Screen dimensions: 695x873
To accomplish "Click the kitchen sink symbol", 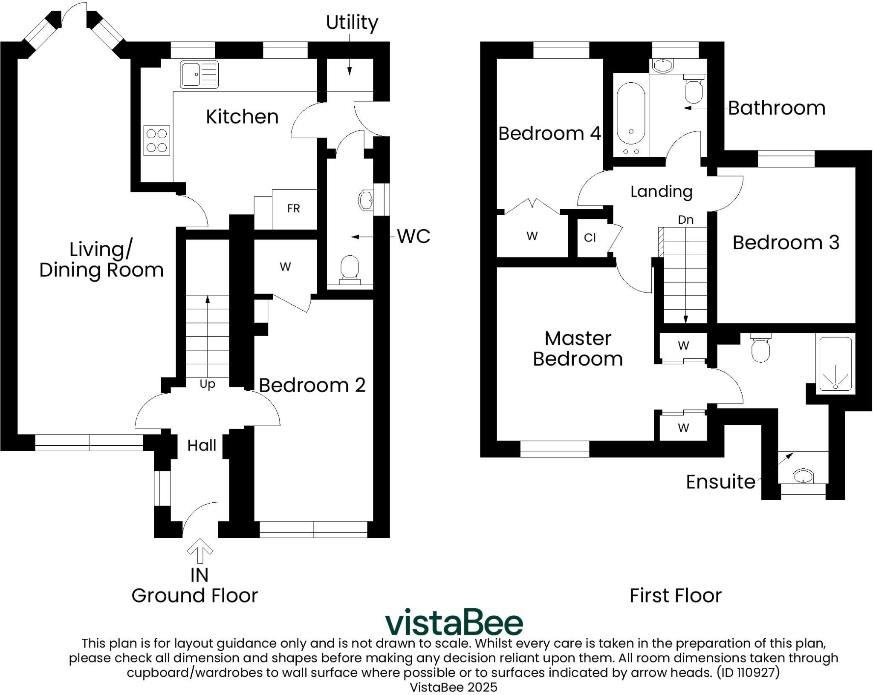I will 199,74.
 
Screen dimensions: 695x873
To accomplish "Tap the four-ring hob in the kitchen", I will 156,141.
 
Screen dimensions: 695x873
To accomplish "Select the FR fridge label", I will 293,208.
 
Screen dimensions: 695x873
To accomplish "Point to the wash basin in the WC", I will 366,199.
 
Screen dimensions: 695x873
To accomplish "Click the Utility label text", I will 352,22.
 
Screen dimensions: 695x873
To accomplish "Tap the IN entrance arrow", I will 199,551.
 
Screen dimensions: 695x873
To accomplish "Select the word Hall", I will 202,446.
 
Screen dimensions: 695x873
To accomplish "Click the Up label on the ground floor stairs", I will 207,384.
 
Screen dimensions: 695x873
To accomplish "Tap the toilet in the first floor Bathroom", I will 693,90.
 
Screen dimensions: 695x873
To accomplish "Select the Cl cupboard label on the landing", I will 590,238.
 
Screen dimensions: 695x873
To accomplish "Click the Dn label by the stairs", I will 685,220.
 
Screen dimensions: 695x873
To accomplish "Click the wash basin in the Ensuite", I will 803,476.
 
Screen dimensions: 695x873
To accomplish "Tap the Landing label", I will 661,191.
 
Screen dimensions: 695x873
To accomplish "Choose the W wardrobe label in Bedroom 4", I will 532,236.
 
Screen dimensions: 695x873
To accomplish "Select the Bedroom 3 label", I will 786,243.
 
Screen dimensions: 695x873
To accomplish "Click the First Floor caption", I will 675,596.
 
